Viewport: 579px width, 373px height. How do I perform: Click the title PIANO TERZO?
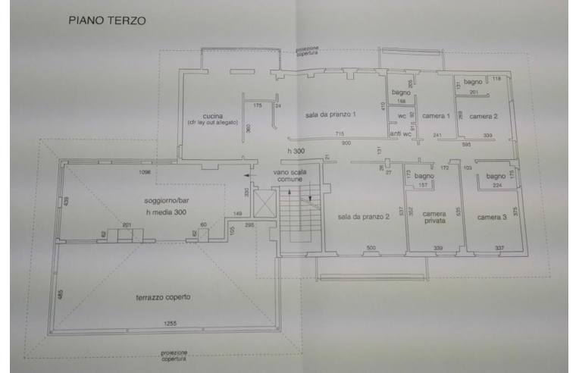click(107, 21)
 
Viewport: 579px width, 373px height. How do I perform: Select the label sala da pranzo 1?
click(331, 114)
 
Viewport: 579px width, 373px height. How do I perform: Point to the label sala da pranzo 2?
click(363, 217)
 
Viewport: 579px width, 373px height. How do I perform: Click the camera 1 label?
click(436, 116)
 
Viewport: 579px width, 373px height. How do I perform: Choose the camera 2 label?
click(483, 116)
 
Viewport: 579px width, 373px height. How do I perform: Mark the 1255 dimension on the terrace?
click(170, 324)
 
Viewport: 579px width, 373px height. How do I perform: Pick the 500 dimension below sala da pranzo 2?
click(371, 248)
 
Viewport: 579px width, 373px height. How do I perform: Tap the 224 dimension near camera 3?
click(498, 184)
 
